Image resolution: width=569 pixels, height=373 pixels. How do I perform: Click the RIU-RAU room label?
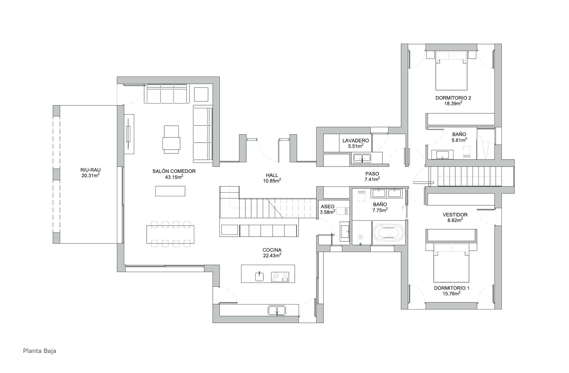coord(91,170)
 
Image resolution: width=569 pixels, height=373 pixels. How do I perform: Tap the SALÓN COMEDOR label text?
coord(174,171)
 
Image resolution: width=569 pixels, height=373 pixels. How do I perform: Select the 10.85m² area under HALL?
coord(272,180)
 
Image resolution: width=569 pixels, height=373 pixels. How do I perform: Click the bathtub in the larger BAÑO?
coord(388,233)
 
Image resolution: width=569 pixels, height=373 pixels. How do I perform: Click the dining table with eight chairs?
coord(170,234)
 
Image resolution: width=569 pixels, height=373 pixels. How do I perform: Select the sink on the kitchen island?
coord(259,276)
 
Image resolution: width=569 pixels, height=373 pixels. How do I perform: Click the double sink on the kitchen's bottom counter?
coord(277,310)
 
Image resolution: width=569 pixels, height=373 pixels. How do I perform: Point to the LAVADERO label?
coord(356,141)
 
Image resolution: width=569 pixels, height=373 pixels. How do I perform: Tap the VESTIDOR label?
coord(455,215)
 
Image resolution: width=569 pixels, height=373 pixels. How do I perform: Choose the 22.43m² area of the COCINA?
coord(272,255)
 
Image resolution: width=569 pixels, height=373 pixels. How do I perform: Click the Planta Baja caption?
coord(40,351)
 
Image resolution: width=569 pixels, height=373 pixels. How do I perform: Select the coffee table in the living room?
coord(170,191)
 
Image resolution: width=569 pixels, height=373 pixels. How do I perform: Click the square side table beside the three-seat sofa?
coord(201,94)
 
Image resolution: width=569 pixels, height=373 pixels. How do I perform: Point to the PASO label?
coord(372,174)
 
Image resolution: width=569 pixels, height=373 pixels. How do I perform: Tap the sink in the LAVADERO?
coord(362,158)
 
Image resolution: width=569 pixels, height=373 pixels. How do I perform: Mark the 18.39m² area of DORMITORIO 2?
coord(453,103)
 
